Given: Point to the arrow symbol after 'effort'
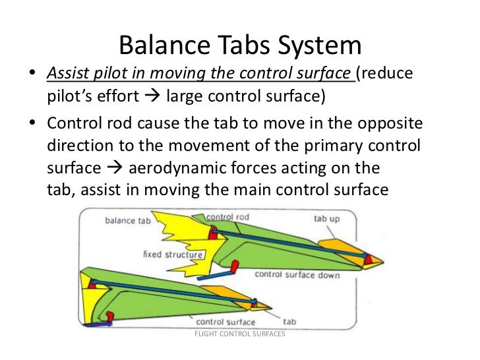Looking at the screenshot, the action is tap(150, 97).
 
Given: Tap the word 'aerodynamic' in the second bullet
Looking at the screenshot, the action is tap(175, 167).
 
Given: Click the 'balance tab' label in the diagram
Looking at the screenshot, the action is tap(129, 221).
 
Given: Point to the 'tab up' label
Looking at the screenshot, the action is tap(328, 218).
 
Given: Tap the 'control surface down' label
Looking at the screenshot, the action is tap(297, 274).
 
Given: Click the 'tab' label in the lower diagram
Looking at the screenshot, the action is tap(289, 322).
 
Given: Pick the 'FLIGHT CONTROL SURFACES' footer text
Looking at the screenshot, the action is tap(239, 334).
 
